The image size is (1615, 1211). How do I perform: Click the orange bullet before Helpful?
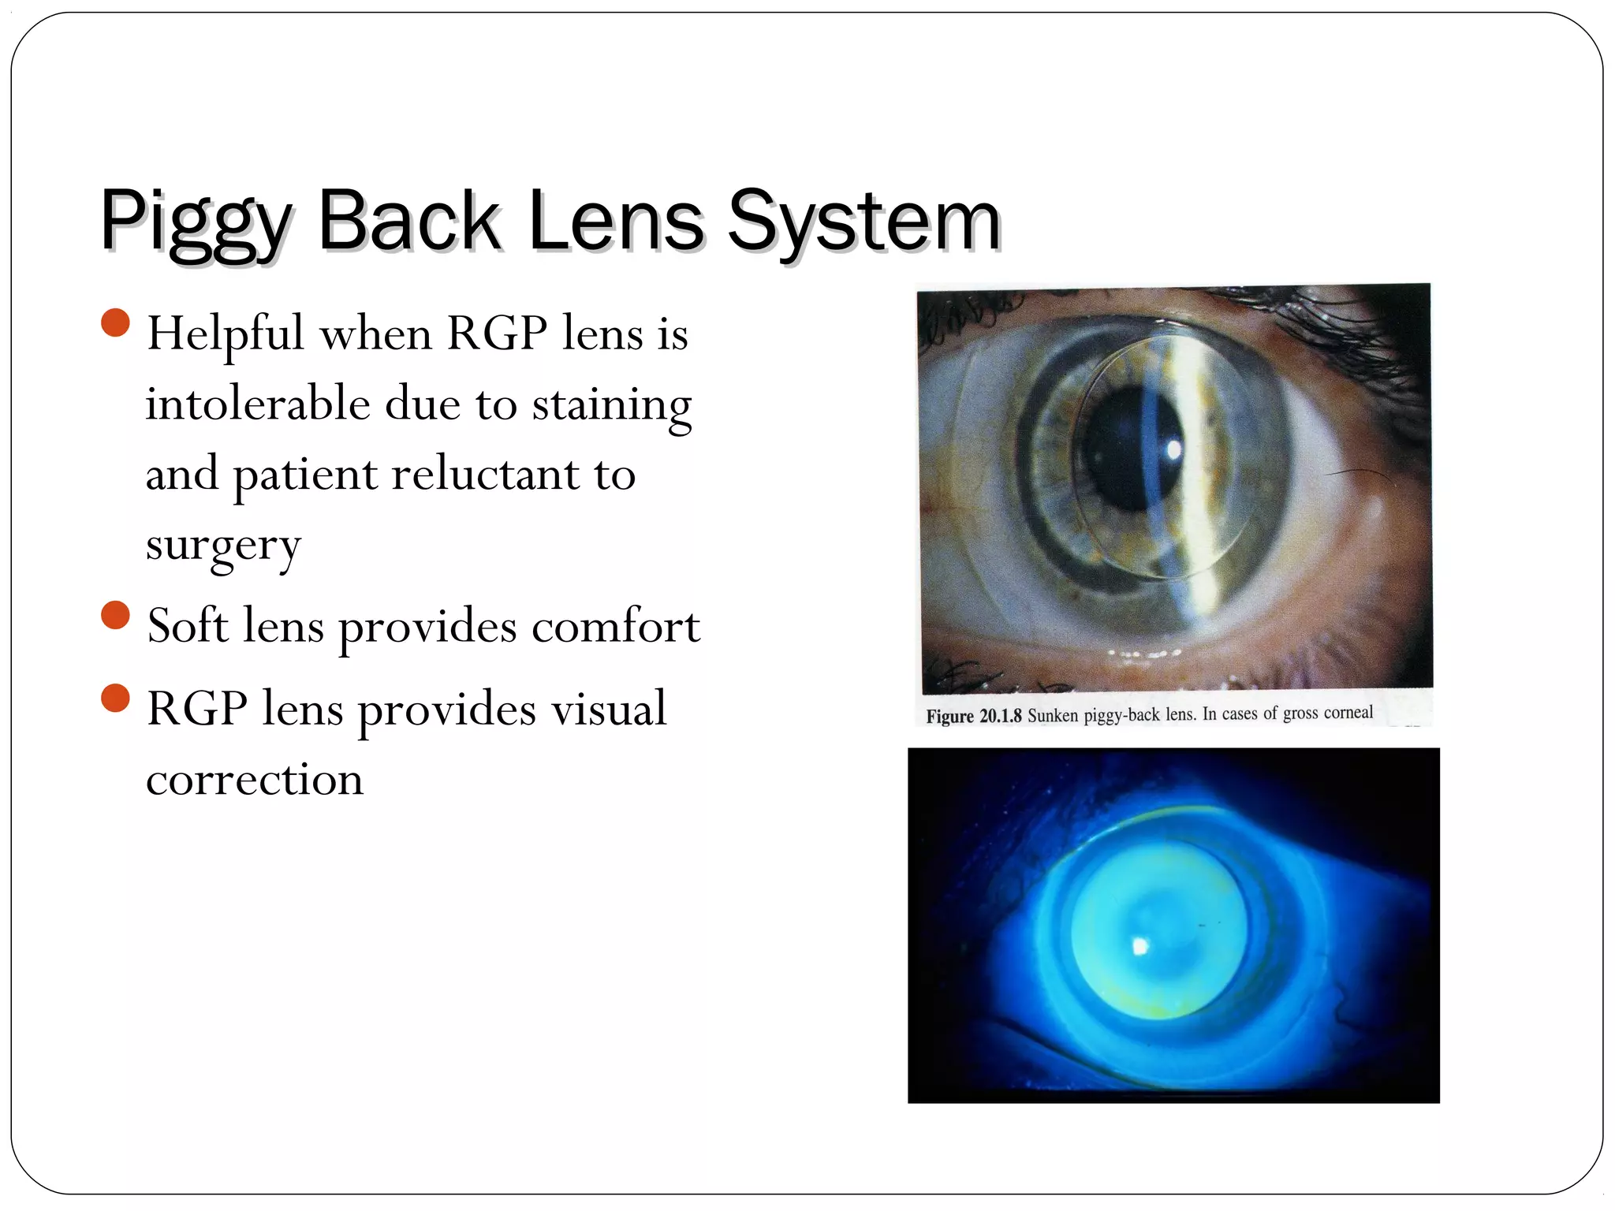tap(116, 322)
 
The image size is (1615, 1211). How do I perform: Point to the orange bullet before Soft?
tap(116, 615)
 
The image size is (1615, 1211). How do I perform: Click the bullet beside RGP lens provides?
tap(116, 698)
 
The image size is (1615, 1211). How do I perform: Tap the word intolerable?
tap(257, 404)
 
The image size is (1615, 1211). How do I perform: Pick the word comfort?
tap(615, 626)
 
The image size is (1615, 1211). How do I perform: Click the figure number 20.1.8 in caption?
tap(1000, 716)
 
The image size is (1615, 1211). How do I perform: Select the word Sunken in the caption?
tap(1052, 715)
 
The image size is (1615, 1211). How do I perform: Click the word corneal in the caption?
tap(1348, 712)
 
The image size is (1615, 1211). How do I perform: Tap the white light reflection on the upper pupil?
tap(1173, 449)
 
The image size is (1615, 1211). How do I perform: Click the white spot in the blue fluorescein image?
tap(1139, 946)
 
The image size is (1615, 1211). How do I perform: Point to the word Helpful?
tap(226, 333)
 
